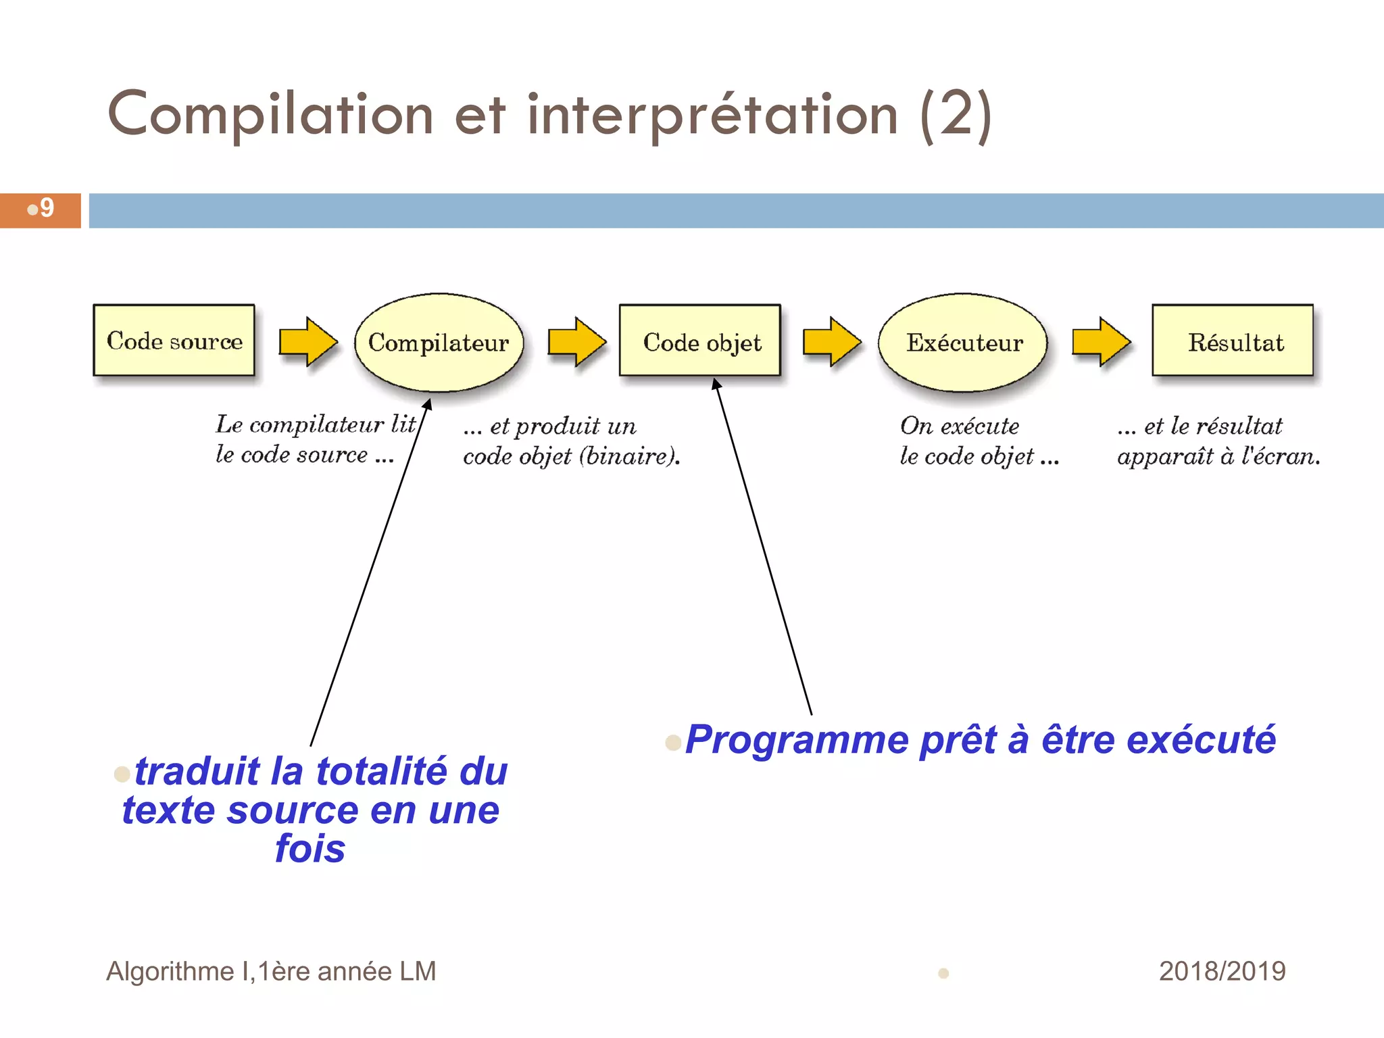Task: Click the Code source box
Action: coord(174,340)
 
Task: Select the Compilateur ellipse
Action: coord(439,342)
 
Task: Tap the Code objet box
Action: coord(701,341)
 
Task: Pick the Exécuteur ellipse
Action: coord(963,342)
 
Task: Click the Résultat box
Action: coord(1233,341)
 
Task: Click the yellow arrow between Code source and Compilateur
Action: coord(308,341)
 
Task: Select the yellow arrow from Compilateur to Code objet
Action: coord(576,341)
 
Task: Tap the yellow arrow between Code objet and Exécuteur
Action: coord(831,341)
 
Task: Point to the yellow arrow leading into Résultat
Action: coord(1101,341)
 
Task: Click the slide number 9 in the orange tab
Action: coord(47,208)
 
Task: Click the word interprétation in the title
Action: coord(713,115)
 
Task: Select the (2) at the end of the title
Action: coord(956,115)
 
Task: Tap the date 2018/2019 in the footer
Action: coord(1222,971)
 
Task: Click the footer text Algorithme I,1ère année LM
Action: coord(271,971)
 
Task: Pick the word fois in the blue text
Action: coord(310,849)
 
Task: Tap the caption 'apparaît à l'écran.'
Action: coord(1218,456)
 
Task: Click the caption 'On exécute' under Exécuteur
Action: coord(960,426)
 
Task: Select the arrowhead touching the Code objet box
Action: coord(716,384)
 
